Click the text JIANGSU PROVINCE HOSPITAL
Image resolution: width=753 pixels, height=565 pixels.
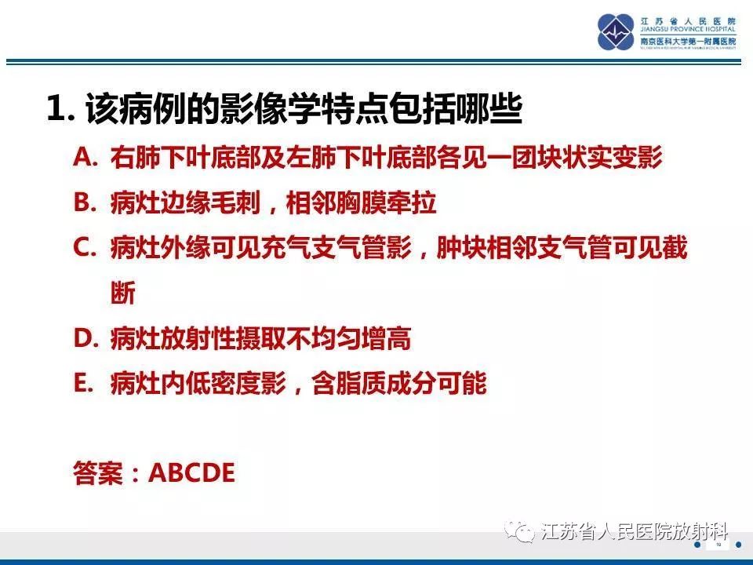(x=688, y=30)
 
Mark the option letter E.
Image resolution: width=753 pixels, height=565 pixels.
(x=84, y=384)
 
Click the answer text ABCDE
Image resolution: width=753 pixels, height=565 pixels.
(x=191, y=473)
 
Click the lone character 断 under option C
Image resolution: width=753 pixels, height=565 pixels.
(x=123, y=293)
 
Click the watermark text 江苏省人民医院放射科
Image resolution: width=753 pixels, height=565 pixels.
(x=634, y=532)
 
